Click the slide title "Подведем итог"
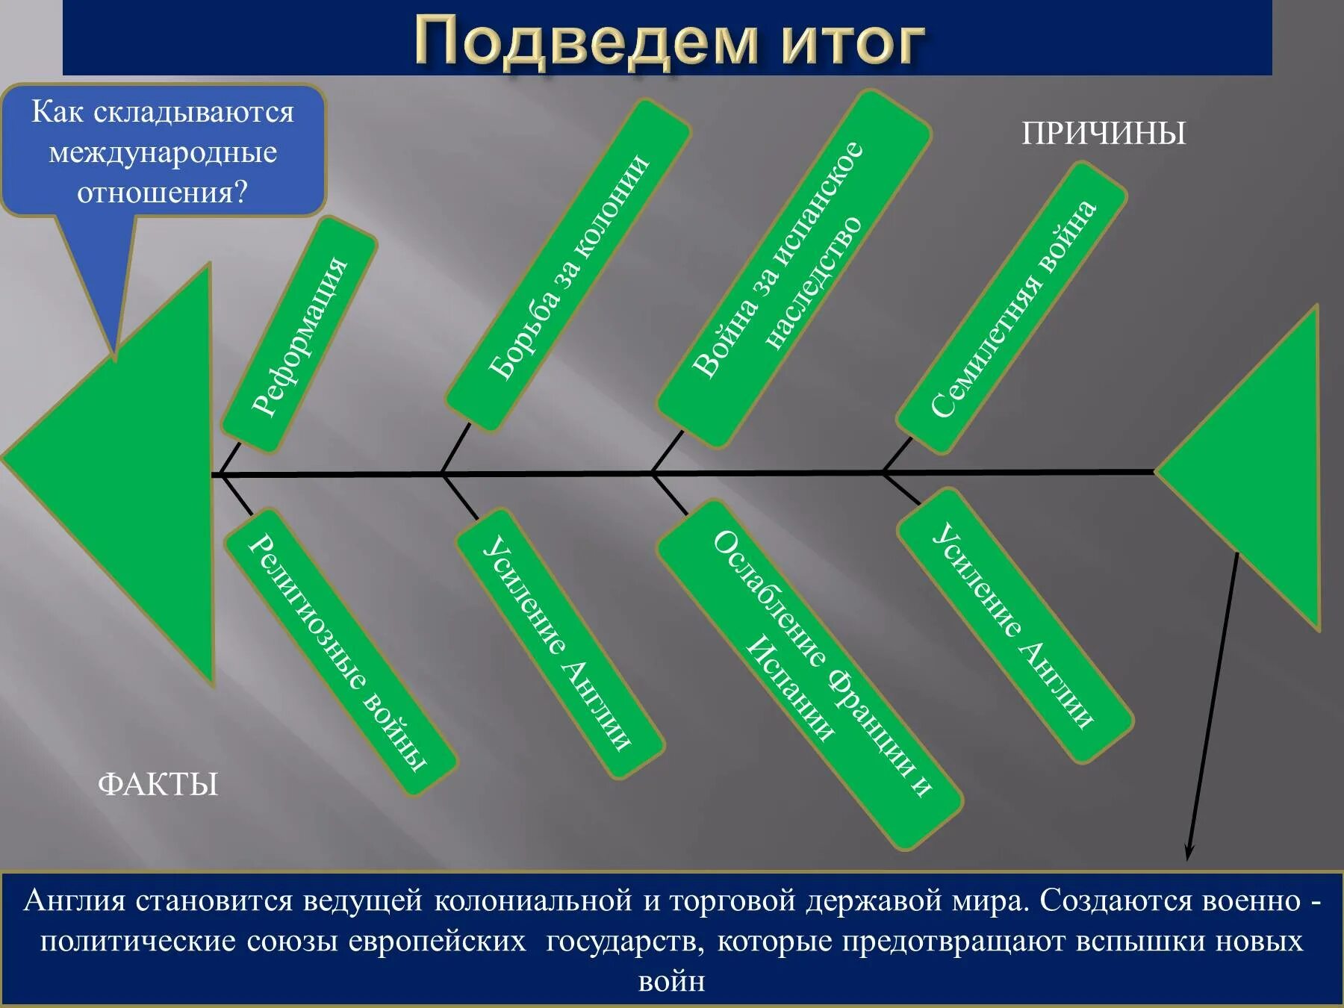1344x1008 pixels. point(669,40)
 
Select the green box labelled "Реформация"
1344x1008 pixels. point(299,335)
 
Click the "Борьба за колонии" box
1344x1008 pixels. point(568,266)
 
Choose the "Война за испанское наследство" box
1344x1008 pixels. point(794,269)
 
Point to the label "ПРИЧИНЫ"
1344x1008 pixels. point(1103,134)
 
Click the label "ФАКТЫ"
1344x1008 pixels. point(158,785)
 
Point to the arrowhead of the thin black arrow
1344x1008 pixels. point(1189,853)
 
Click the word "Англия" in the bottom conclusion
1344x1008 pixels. point(75,901)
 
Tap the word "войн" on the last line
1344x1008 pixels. point(671,980)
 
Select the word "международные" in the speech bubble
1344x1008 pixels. point(163,152)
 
